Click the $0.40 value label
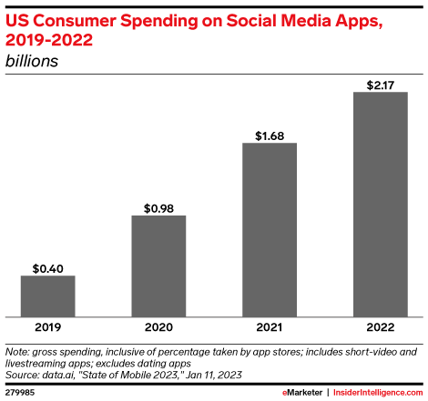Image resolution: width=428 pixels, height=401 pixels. click(47, 268)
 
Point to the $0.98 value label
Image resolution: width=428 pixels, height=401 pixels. click(158, 208)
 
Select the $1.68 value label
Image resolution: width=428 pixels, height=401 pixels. click(270, 135)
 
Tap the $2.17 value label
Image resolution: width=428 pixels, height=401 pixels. click(380, 84)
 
